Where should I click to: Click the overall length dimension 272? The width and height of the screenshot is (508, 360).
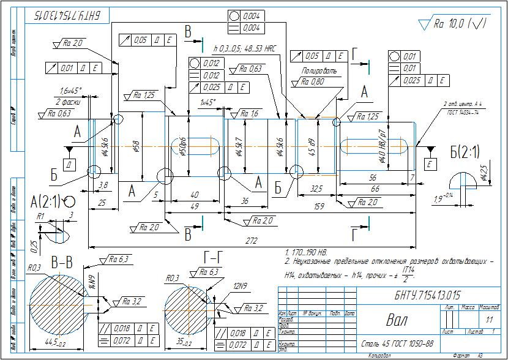click(x=251, y=241)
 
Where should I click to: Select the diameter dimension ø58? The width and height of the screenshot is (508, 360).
click(x=136, y=147)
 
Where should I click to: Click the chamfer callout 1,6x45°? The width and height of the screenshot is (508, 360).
click(x=71, y=91)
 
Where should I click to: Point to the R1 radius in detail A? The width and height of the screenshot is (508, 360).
click(x=40, y=216)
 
